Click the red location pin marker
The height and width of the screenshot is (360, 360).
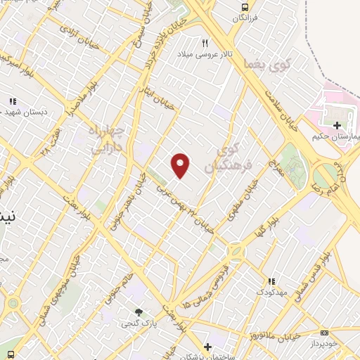(x=181, y=165)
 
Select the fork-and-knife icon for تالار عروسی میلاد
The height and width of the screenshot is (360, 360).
(x=205, y=44)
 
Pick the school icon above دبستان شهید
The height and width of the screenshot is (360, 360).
(x=12, y=101)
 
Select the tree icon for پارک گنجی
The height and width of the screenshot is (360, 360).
(x=139, y=312)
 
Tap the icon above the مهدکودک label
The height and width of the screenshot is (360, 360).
(x=271, y=281)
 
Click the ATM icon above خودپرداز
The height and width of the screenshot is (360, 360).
(x=324, y=333)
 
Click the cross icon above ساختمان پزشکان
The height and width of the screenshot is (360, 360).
(x=207, y=347)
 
